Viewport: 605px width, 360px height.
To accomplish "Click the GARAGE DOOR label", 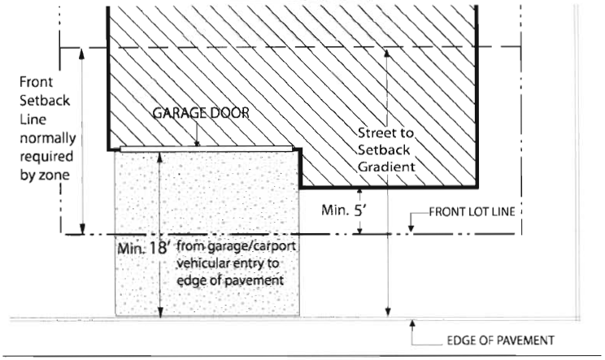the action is (x=201, y=113).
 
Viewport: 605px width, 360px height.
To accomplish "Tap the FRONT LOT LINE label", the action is (x=472, y=211).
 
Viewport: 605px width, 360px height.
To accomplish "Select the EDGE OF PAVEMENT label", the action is (x=500, y=340).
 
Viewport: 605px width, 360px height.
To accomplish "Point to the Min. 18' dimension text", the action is (x=143, y=248).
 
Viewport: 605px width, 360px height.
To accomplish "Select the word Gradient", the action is (x=386, y=167).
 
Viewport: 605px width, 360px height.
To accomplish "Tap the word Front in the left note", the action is (x=36, y=82).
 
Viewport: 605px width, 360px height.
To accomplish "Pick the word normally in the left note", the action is (x=47, y=139).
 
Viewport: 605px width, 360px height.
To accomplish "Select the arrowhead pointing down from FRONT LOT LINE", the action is (x=411, y=228).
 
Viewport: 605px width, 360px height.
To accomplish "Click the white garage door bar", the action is (x=206, y=149).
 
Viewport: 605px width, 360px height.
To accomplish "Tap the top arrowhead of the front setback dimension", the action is (x=81, y=54).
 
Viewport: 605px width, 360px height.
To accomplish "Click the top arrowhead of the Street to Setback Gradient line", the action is (x=387, y=54).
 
